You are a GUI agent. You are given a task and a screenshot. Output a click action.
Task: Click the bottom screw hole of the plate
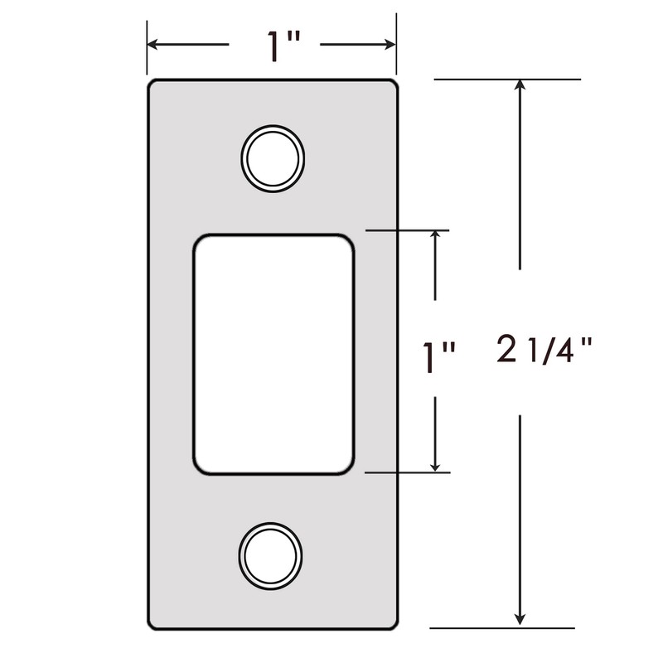coord(269,553)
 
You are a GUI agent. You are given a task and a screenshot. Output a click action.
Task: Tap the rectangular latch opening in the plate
coord(273,354)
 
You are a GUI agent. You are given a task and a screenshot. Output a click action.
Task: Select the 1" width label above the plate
coord(274,47)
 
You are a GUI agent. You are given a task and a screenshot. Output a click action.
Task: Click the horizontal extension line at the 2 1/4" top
coord(506,80)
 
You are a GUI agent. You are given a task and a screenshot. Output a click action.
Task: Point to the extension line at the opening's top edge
coord(406,230)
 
